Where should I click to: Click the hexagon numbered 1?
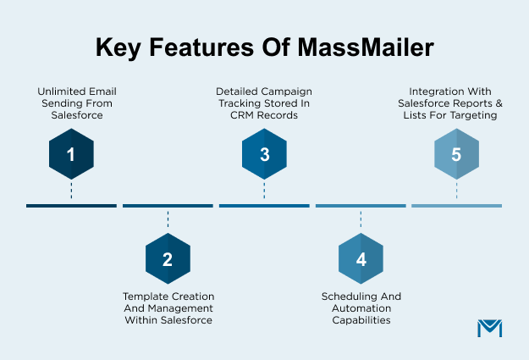click(x=71, y=155)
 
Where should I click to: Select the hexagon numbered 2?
click(x=168, y=258)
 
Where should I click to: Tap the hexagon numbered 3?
click(x=264, y=155)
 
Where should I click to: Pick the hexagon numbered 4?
click(x=361, y=258)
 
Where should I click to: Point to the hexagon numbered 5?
click(x=457, y=155)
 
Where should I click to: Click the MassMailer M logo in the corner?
click(x=489, y=330)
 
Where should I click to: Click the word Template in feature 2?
click(x=146, y=296)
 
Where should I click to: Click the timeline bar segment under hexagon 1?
click(x=71, y=206)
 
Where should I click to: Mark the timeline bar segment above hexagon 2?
click(x=168, y=206)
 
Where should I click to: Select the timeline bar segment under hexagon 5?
click(x=457, y=206)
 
